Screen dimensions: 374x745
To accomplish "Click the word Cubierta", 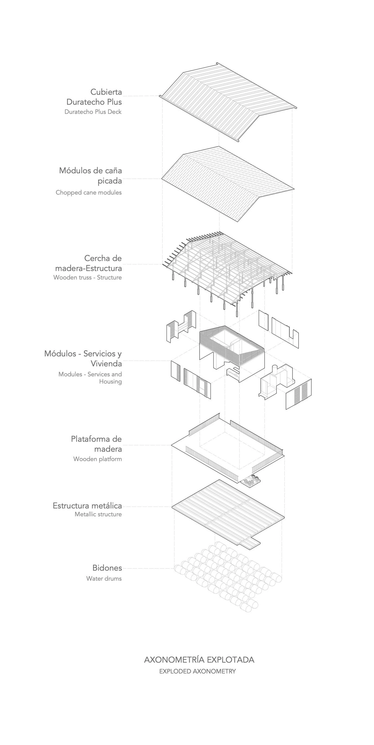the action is (106, 92).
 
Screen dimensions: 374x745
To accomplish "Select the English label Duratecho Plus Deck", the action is (93, 112).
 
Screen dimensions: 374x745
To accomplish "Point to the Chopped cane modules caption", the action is (89, 192).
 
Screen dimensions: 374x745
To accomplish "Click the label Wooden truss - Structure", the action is (87, 277).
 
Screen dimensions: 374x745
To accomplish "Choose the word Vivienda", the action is (106, 364).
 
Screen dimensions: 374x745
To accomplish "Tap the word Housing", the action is (110, 381).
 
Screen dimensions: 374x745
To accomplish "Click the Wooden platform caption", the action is (98, 459).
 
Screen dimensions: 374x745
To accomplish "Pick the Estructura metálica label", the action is (87, 506).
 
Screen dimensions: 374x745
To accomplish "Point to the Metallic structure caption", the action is (98, 514).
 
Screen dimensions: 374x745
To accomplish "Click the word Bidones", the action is (107, 568).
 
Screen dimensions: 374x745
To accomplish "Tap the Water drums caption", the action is (104, 578).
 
